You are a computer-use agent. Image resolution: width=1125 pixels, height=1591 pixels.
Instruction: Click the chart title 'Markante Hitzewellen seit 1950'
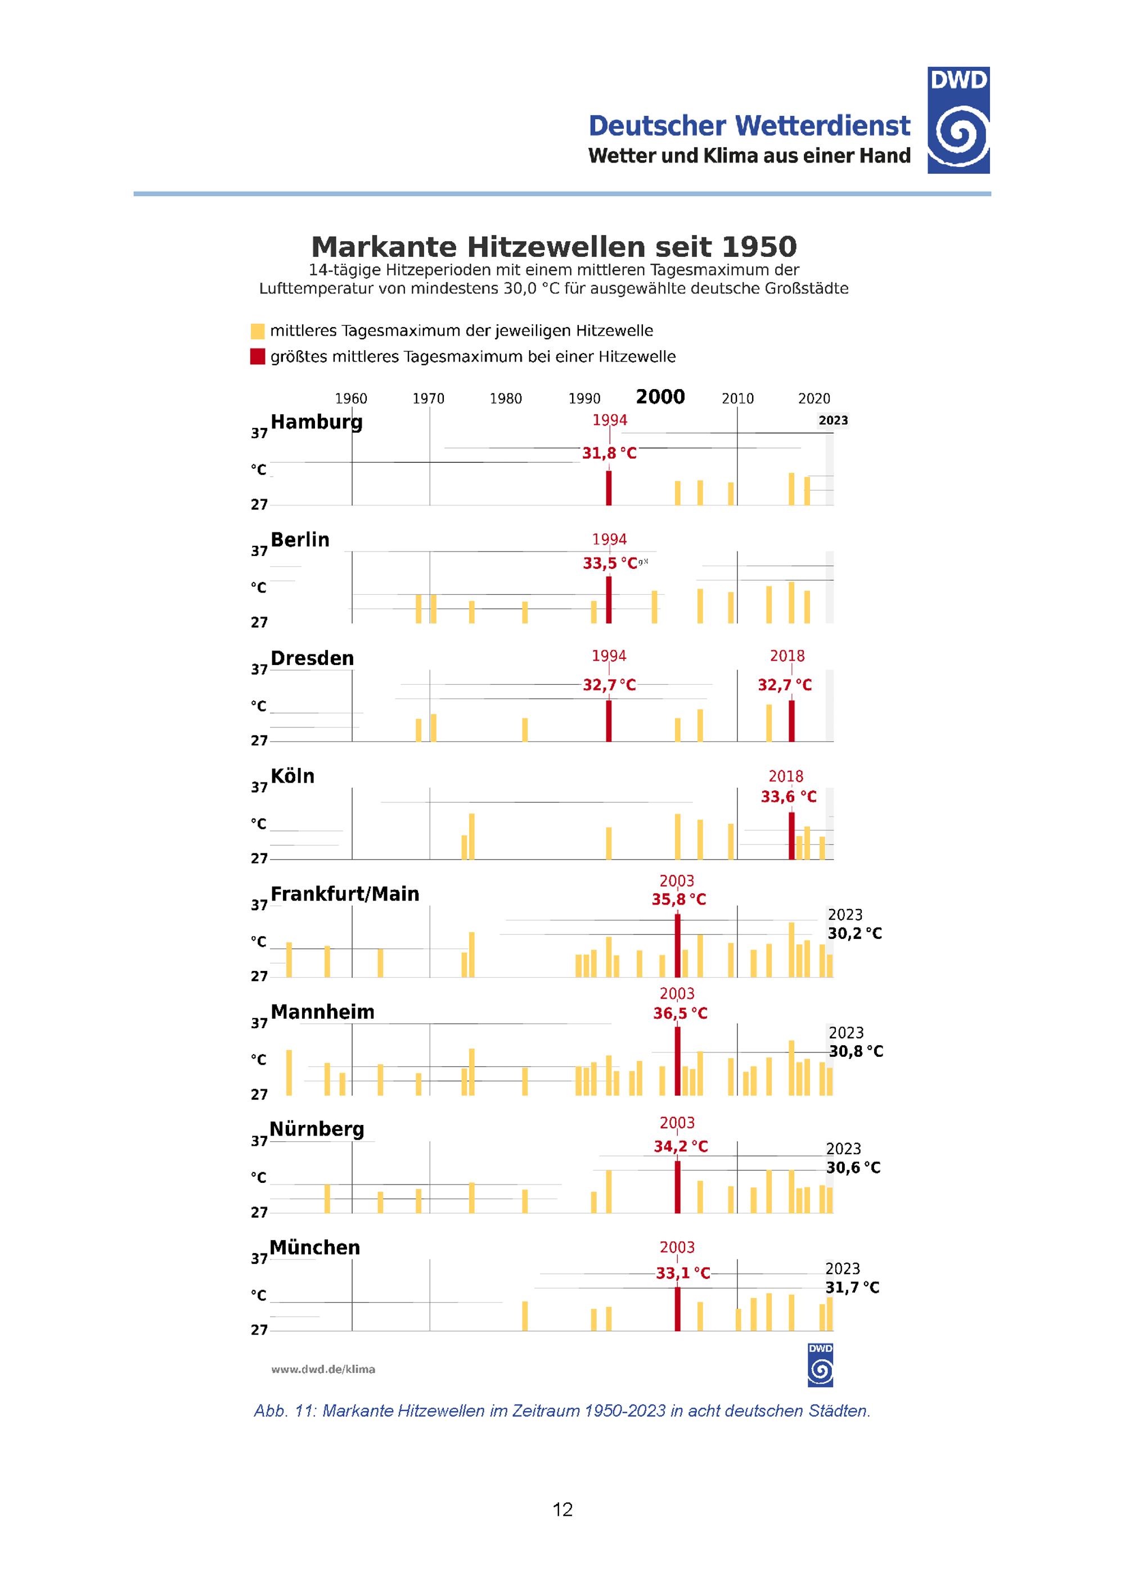pyautogui.click(x=554, y=247)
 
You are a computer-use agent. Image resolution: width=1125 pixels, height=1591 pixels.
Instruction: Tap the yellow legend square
pyautogui.click(x=258, y=331)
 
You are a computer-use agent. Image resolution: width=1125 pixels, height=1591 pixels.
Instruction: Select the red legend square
pyautogui.click(x=258, y=357)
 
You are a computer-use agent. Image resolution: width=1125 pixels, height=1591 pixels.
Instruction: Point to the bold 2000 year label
pyautogui.click(x=660, y=397)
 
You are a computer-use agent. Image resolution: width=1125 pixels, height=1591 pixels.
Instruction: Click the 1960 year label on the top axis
pyautogui.click(x=352, y=399)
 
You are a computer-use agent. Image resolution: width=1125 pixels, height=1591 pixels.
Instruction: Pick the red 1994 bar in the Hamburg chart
pyautogui.click(x=609, y=488)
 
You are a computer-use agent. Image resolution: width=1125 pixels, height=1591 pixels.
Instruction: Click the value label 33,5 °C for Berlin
pyautogui.click(x=610, y=563)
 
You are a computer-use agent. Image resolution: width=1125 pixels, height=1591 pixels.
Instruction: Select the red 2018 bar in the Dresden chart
pyautogui.click(x=791, y=721)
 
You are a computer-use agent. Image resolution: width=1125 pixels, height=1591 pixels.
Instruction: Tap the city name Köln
pyautogui.click(x=292, y=776)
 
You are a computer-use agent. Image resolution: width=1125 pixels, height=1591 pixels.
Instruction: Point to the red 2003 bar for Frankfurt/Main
pyautogui.click(x=677, y=946)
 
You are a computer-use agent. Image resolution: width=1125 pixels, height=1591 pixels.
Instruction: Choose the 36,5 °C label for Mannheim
pyautogui.click(x=681, y=1013)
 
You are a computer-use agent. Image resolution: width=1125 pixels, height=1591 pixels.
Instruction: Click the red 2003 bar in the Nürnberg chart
pyautogui.click(x=677, y=1187)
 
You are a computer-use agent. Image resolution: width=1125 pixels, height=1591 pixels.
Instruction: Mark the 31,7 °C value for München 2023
pyautogui.click(x=853, y=1287)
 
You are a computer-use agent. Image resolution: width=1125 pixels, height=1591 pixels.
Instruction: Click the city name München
pyautogui.click(x=314, y=1248)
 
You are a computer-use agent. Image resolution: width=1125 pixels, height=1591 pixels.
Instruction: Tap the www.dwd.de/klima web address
pyautogui.click(x=323, y=1369)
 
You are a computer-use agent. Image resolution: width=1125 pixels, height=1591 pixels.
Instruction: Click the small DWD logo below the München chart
pyautogui.click(x=821, y=1365)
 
